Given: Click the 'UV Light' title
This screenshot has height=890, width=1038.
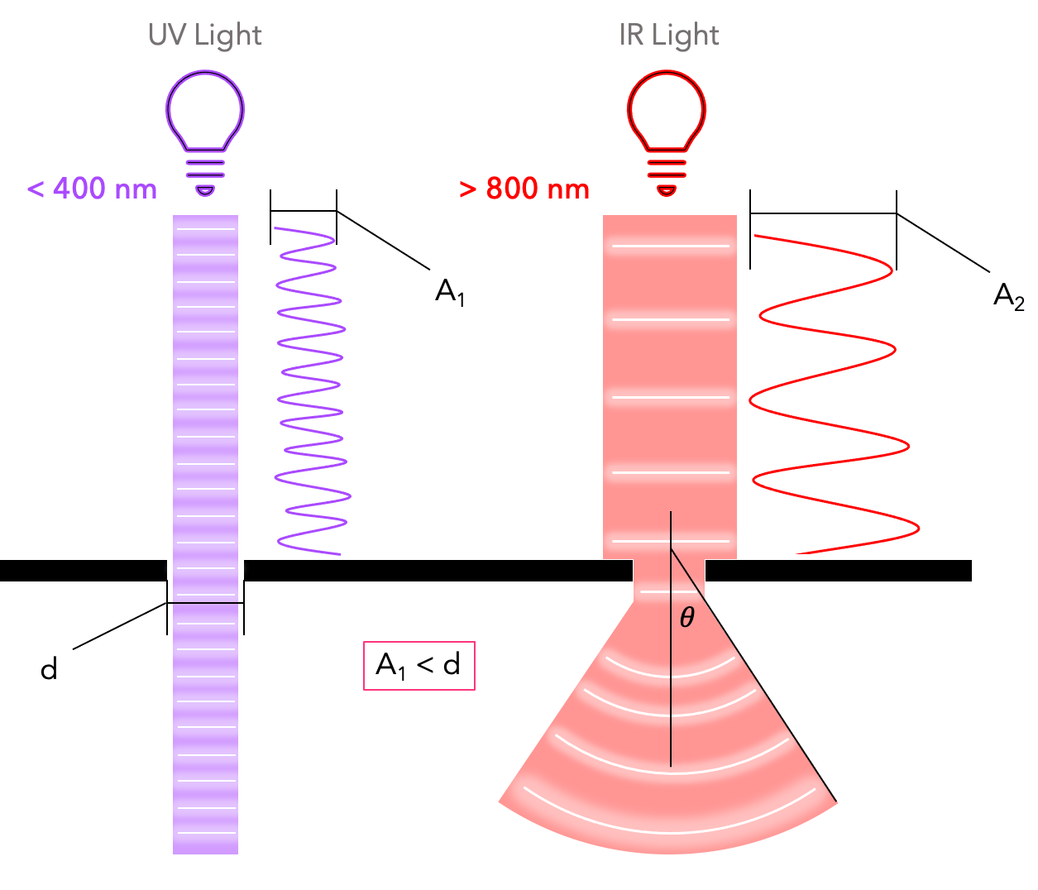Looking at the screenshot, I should coord(204,36).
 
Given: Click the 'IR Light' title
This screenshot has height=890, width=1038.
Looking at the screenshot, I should coord(668,36).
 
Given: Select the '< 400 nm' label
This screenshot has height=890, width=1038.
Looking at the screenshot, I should coord(92,189).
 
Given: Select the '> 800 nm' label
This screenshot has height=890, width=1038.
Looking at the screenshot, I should coord(524,189).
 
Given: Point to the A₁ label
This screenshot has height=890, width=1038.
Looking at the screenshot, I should coord(450,292).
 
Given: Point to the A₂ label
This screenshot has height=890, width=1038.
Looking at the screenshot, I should coord(1008,296).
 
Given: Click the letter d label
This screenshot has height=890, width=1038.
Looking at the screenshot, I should coord(50,668).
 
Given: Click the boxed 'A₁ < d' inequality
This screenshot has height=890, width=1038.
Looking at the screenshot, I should coord(419,665).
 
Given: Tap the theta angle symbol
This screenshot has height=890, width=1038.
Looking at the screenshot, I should coord(686,618).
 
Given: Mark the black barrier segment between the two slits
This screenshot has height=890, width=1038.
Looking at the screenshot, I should coord(438,571).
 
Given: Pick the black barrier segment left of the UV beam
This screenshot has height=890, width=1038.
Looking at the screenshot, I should coord(83,571).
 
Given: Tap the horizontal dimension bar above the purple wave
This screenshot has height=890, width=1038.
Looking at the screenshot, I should coord(304,212).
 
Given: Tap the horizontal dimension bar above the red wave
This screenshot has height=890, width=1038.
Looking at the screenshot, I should coord(823,213).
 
